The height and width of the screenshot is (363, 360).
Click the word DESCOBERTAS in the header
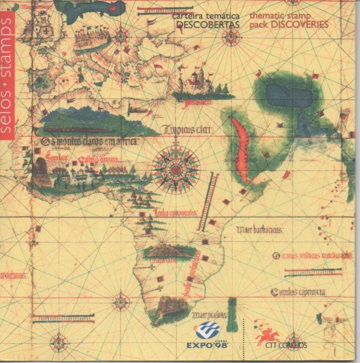pyautogui.click(x=208, y=25)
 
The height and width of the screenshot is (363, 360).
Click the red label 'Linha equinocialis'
pyautogui.click(x=175, y=213)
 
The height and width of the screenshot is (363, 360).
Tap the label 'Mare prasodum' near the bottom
pyautogui.click(x=209, y=315)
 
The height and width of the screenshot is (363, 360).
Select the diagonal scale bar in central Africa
pyautogui.click(x=205, y=202)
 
